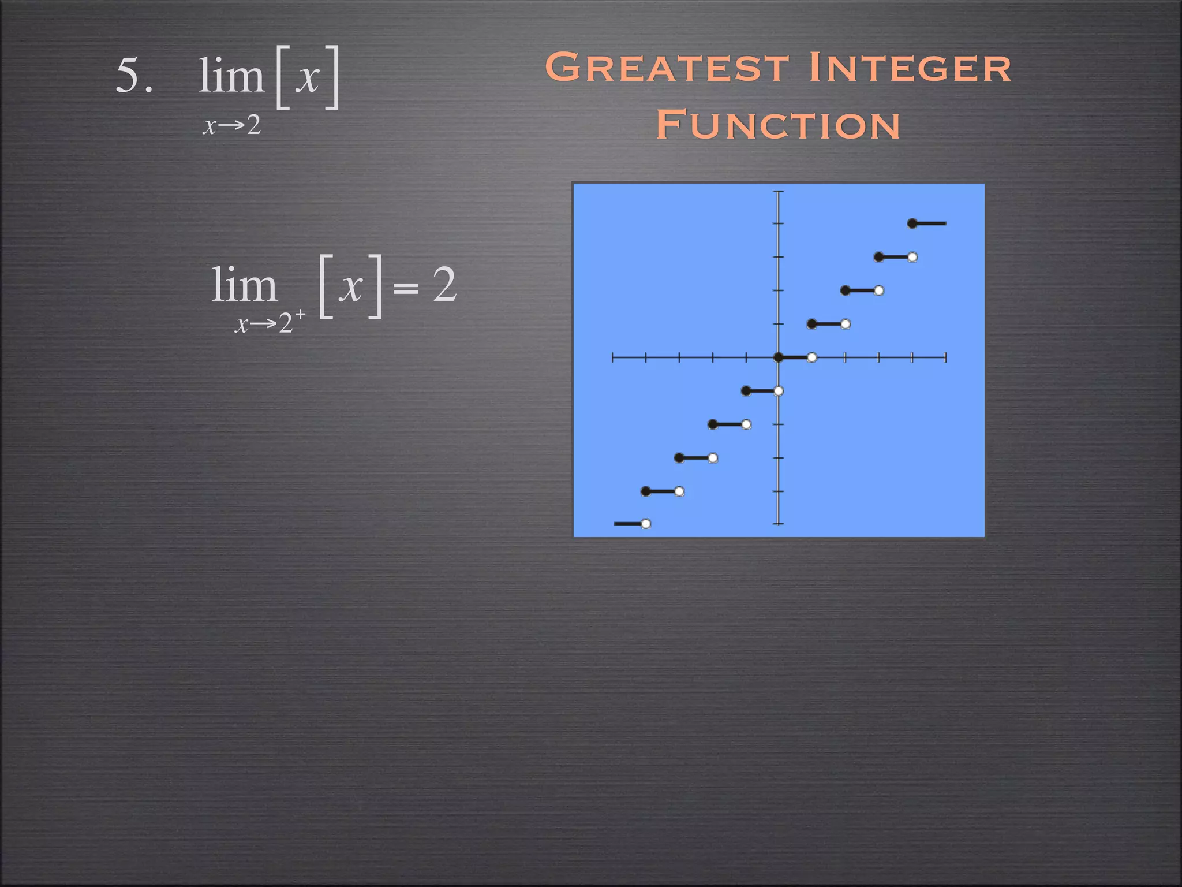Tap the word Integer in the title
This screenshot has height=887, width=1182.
[910, 68]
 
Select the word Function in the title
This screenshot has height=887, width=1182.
[778, 125]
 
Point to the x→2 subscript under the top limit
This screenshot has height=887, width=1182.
[231, 125]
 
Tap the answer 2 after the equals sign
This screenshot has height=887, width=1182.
[444, 285]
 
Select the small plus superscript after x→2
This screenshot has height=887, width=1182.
[300, 314]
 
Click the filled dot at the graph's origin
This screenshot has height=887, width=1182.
[778, 357]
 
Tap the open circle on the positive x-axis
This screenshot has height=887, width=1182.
[812, 357]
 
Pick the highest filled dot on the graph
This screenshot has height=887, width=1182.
[912, 223]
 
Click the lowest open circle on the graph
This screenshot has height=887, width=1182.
[646, 524]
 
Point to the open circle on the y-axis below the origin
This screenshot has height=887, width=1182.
[779, 391]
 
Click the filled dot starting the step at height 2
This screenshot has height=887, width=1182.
[845, 290]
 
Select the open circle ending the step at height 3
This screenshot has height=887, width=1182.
[912, 257]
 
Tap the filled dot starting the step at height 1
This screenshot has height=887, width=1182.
[811, 324]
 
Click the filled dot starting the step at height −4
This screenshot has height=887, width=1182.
[645, 491]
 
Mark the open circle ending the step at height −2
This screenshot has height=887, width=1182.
[746, 424]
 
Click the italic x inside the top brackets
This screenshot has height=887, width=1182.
[308, 77]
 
